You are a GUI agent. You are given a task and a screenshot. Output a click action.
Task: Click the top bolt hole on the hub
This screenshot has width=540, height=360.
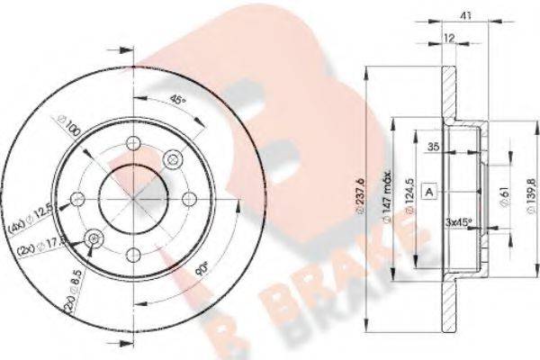[x=133, y=143]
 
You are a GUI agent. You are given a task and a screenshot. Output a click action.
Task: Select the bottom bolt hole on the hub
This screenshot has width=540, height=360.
[x=133, y=254]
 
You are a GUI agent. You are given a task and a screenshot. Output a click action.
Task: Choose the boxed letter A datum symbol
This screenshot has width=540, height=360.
[x=431, y=192]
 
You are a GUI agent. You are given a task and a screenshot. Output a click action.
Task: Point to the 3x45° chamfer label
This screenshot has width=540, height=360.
[x=462, y=220]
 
